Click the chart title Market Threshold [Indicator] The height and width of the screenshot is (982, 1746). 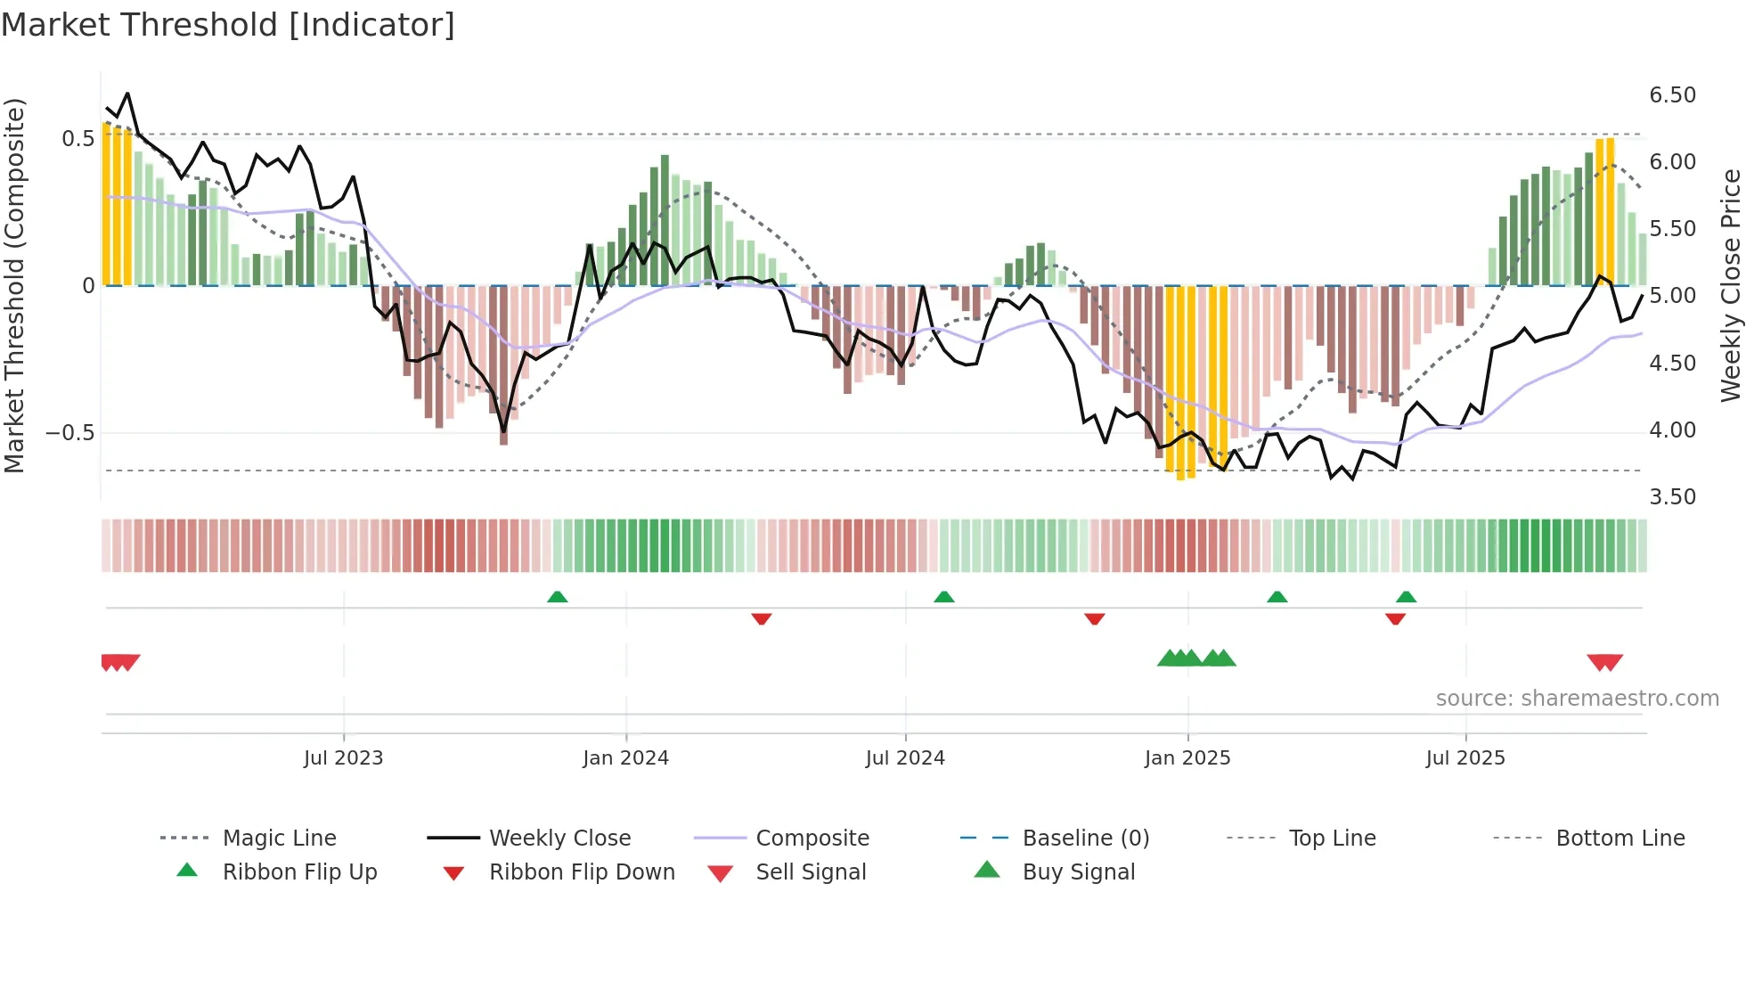228,25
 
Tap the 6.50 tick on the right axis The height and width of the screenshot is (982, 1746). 1672,95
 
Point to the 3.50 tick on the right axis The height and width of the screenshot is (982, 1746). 1672,497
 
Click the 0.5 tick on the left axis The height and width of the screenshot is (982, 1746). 78,138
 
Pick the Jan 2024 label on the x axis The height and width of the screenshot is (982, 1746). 625,758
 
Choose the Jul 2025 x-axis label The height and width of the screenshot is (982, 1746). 1465,758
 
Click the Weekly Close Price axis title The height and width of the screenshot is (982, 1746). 1730,285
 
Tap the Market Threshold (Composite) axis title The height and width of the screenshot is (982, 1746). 14,285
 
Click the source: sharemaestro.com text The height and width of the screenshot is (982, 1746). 1577,699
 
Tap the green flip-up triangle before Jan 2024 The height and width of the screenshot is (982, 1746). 558,597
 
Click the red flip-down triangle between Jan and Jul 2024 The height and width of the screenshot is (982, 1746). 761,618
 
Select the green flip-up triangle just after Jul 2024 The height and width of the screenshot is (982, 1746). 944,597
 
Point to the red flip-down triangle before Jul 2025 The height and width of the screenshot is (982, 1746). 1395,618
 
